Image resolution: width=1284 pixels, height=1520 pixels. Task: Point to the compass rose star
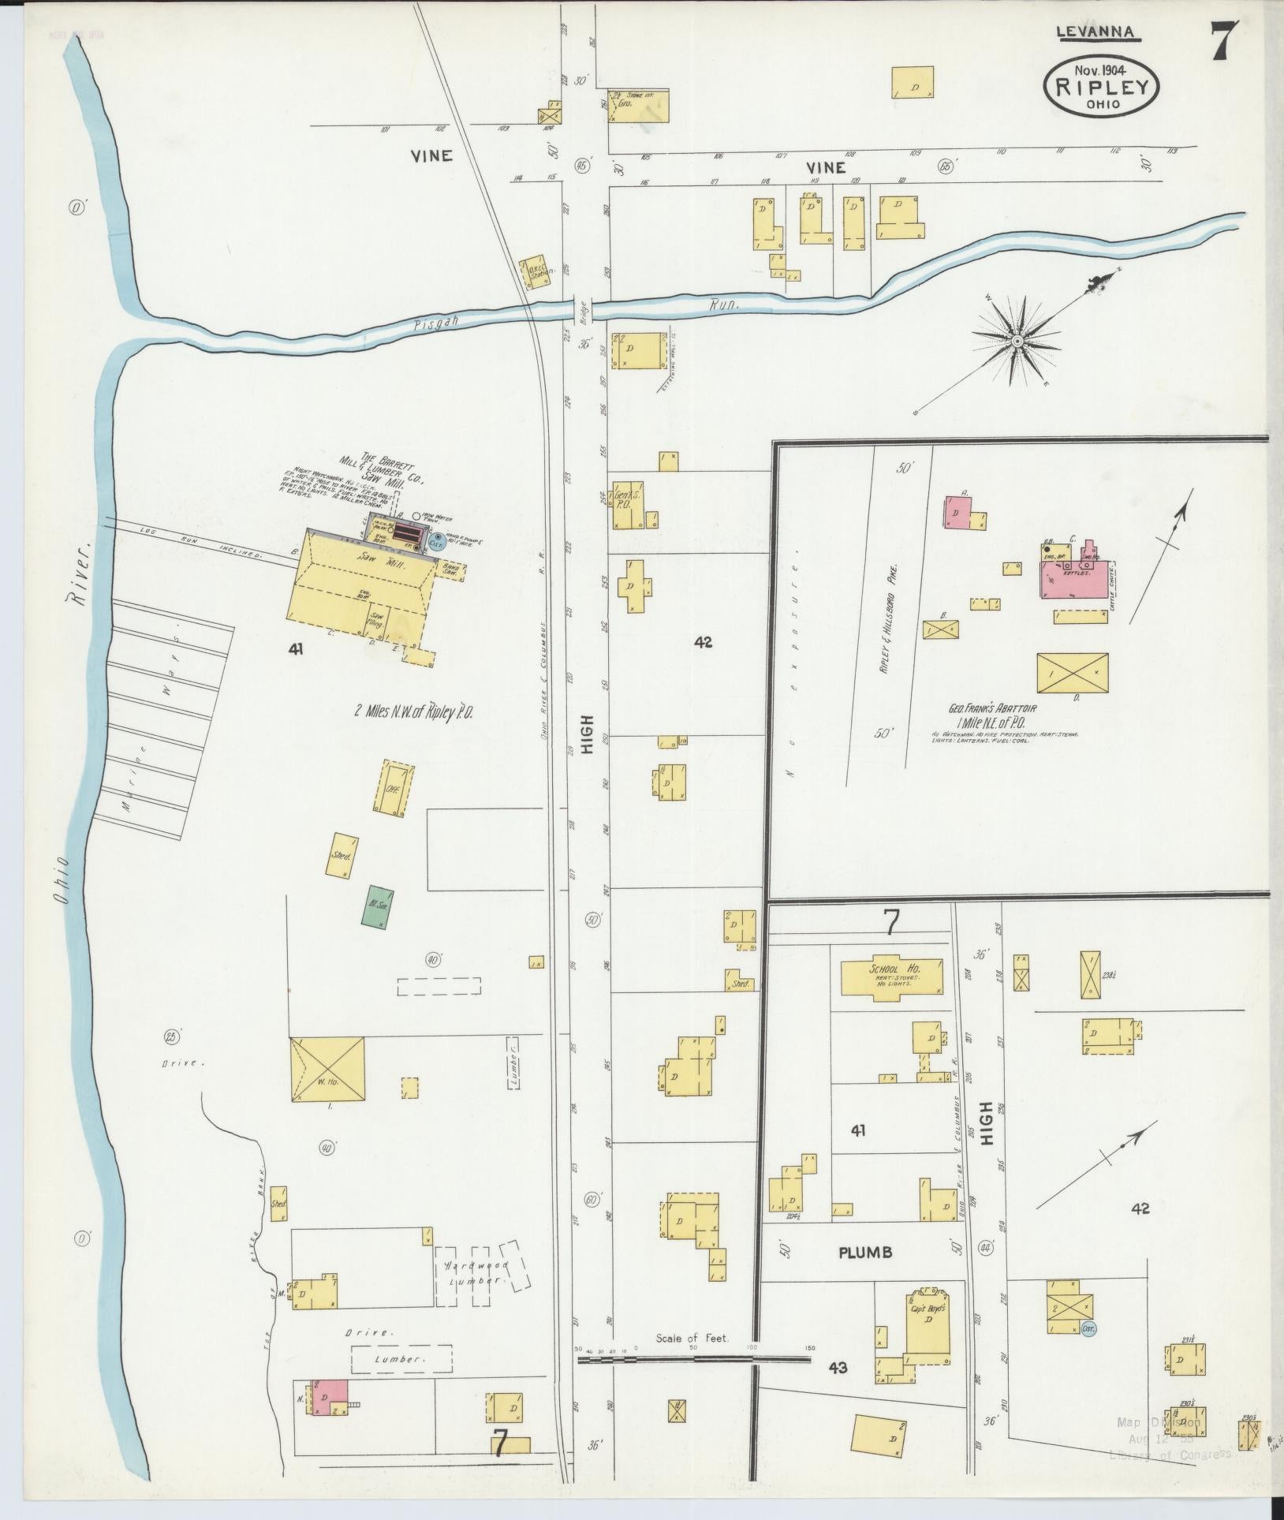[x=1017, y=341]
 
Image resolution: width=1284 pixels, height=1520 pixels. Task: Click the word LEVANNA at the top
[x=1096, y=32]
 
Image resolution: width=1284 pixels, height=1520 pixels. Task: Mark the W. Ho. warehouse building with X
[x=328, y=1070]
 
